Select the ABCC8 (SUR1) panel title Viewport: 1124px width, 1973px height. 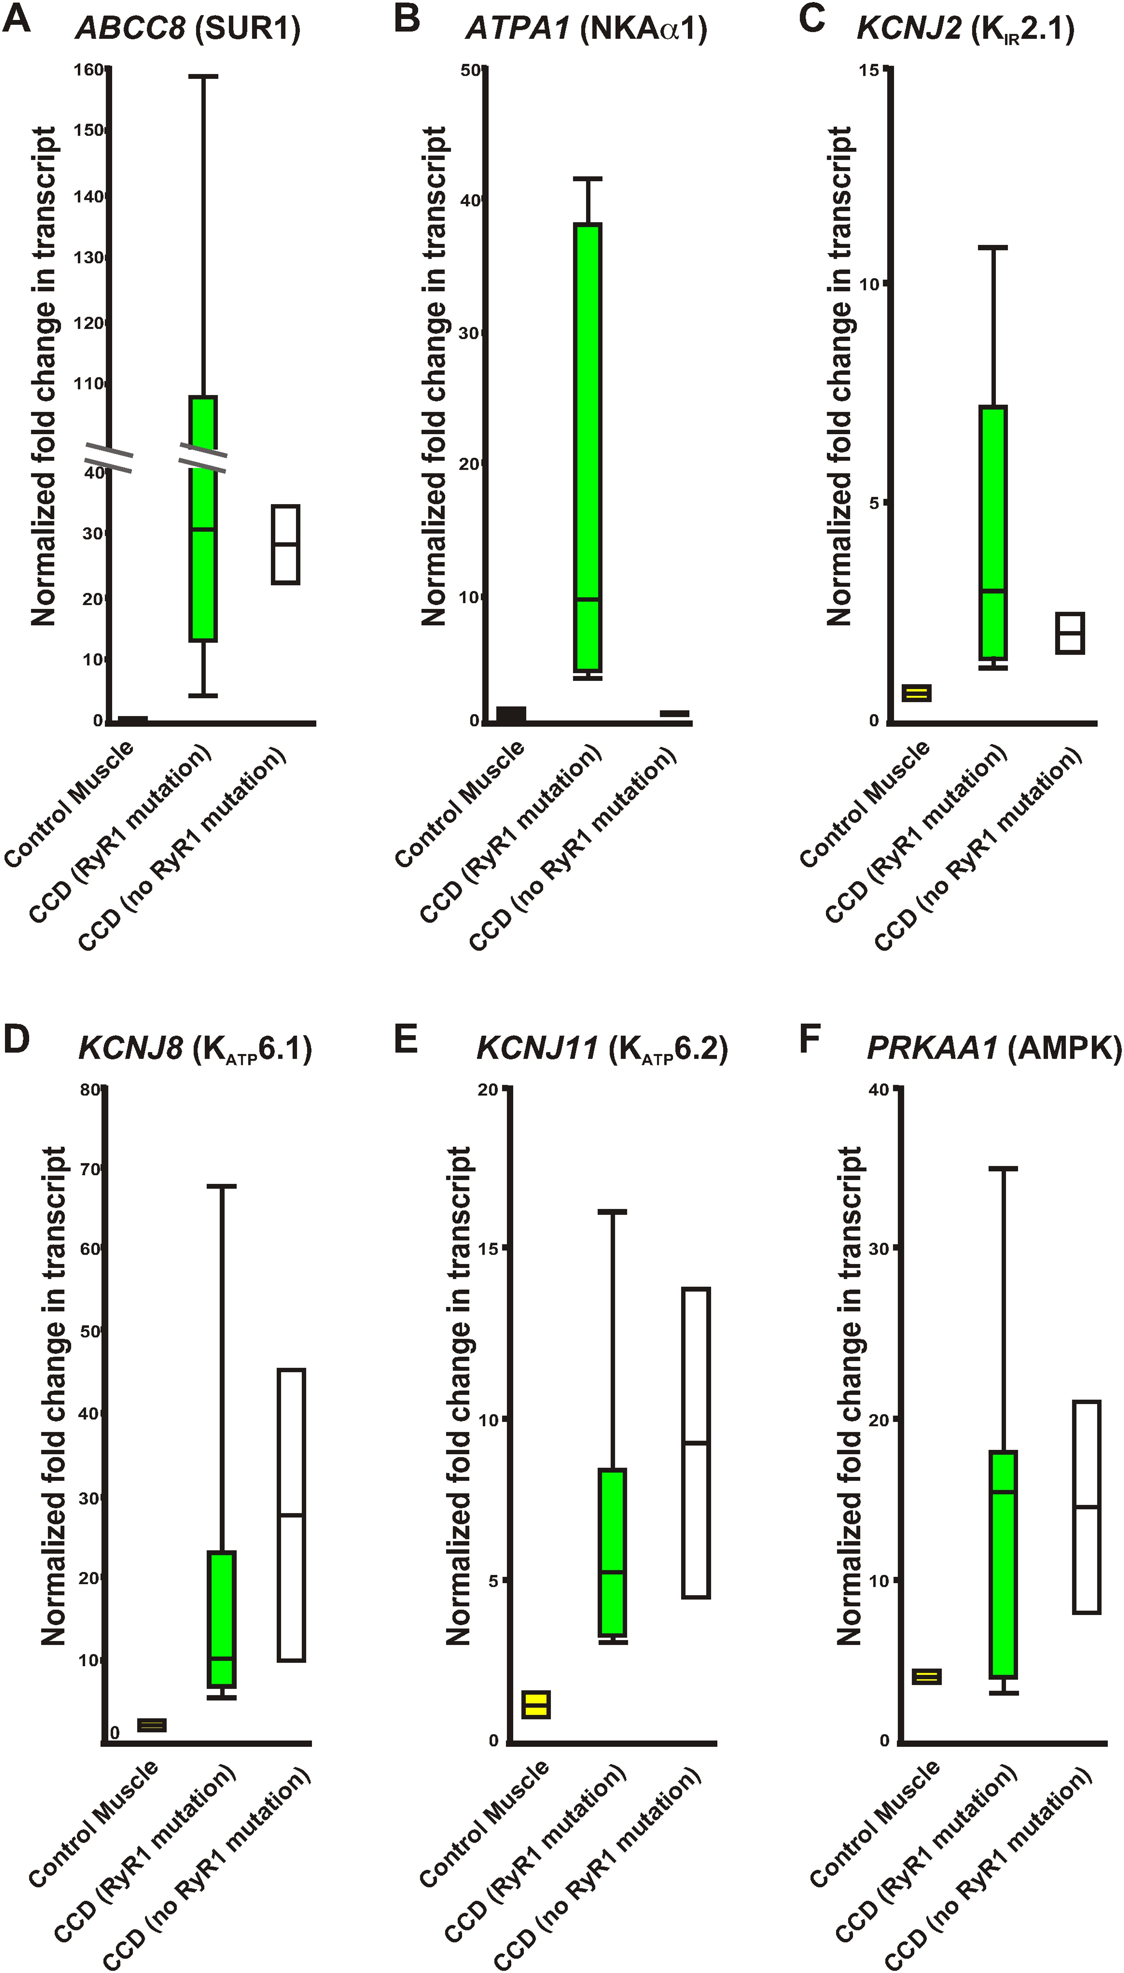188,29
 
